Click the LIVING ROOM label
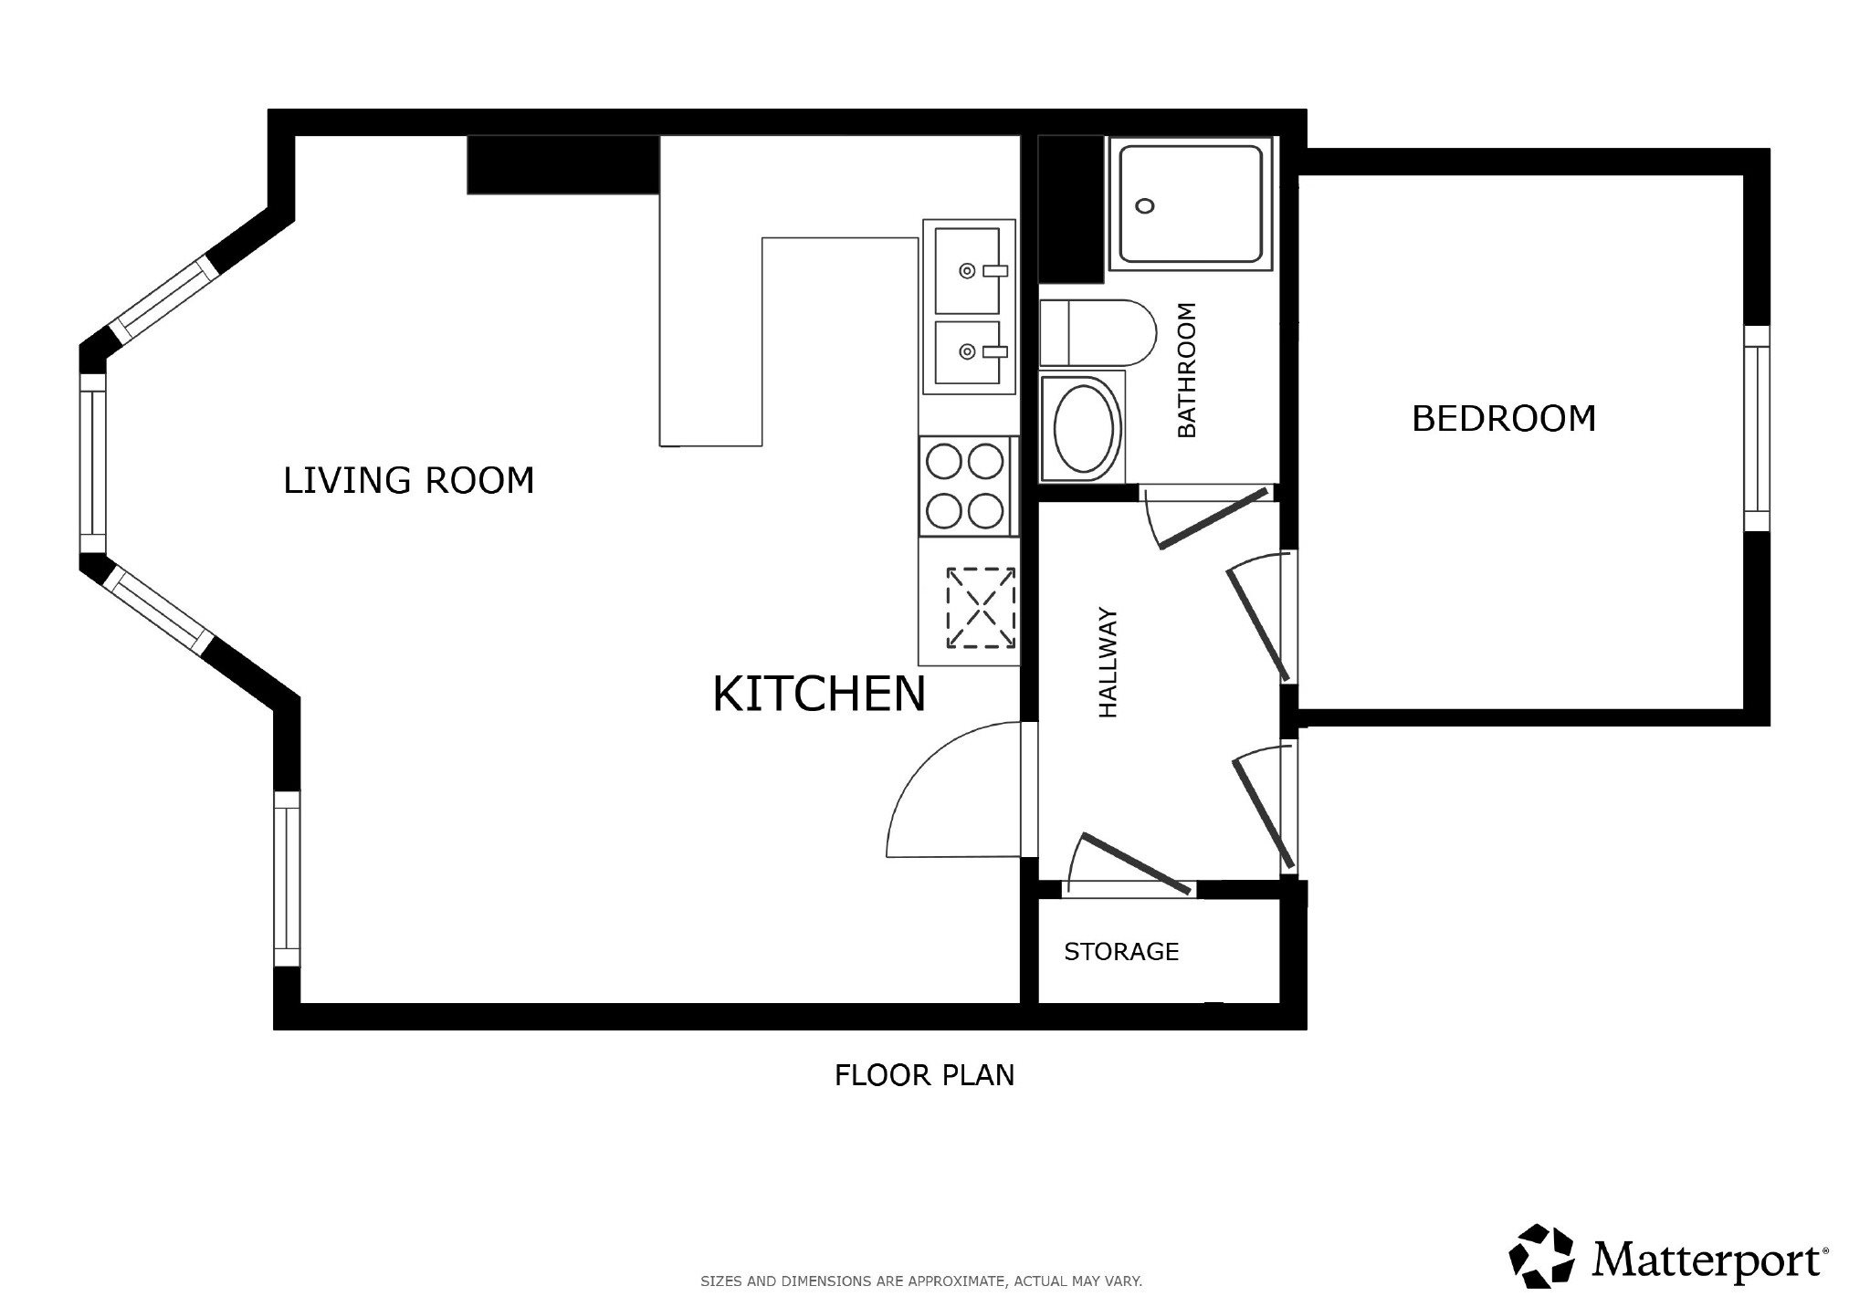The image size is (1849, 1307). pyautogui.click(x=408, y=480)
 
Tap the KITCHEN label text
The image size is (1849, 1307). pyautogui.click(x=819, y=694)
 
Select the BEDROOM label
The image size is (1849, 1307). pyautogui.click(x=1504, y=419)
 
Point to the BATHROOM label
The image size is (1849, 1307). pyautogui.click(x=1186, y=370)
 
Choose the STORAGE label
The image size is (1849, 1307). pyautogui.click(x=1121, y=952)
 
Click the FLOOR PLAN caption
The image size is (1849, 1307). pyautogui.click(x=924, y=1075)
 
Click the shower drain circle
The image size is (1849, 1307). pyautogui.click(x=1144, y=205)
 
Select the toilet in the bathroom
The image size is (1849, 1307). pyautogui.click(x=1098, y=333)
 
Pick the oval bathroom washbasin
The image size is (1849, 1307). pyautogui.click(x=1084, y=427)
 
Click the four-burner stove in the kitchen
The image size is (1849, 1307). pyautogui.click(x=967, y=486)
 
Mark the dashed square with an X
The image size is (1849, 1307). pyautogui.click(x=981, y=608)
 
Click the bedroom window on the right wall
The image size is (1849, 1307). pyautogui.click(x=1757, y=428)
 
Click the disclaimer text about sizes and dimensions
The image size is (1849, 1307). pyautogui.click(x=921, y=1281)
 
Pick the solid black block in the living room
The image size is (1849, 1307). pyautogui.click(x=563, y=165)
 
